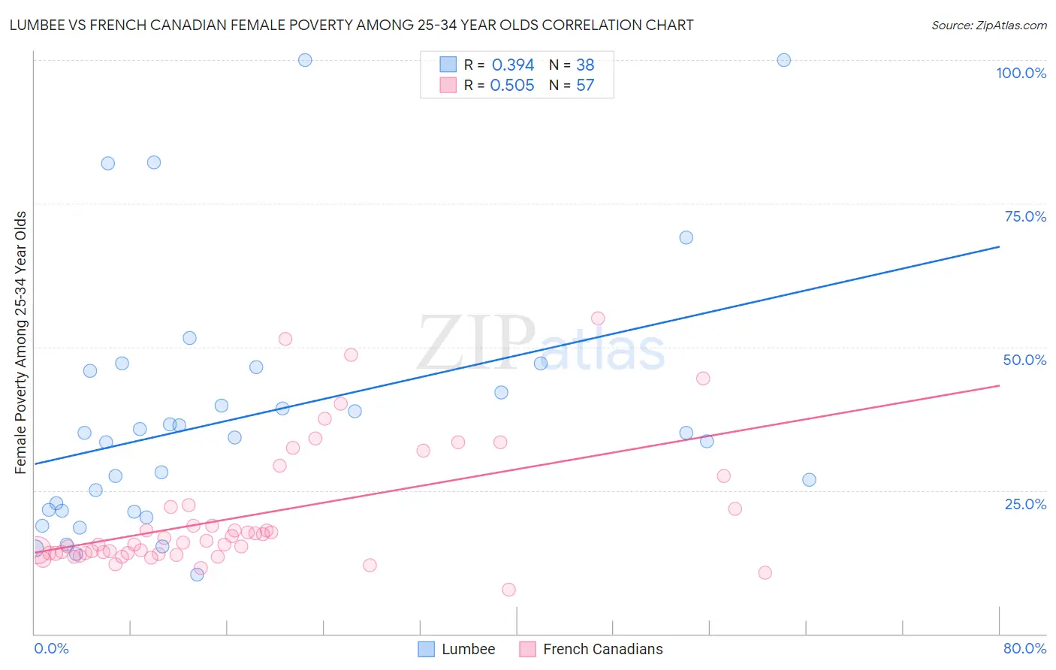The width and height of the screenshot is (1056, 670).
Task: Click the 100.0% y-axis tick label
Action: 1021,73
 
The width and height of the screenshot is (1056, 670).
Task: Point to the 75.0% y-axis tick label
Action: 1025,216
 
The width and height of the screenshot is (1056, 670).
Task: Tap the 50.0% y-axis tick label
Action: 1024,360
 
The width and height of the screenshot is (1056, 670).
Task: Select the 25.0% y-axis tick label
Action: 1025,504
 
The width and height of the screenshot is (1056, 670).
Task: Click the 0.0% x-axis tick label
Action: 51,648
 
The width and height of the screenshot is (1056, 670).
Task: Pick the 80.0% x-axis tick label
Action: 1024,648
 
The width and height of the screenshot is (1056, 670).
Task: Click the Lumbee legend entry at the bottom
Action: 457,649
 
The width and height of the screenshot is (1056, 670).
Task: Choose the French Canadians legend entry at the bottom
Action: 591,649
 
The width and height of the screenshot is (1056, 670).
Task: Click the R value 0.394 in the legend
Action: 513,65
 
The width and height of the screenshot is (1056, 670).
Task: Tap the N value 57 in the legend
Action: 585,86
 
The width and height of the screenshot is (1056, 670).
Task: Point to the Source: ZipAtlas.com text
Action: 988,26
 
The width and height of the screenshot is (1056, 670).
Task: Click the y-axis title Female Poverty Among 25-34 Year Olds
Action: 21,343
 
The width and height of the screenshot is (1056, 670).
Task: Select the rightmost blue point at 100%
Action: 783,60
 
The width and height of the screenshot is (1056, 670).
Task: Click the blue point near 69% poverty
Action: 686,237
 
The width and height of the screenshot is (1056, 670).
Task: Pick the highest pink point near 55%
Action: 598,318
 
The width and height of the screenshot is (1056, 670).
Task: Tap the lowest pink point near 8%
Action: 508,590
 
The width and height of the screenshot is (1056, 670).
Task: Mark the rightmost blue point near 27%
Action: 809,480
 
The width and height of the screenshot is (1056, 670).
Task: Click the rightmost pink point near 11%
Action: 765,573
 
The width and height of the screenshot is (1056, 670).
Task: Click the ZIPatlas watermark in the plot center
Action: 541,344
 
